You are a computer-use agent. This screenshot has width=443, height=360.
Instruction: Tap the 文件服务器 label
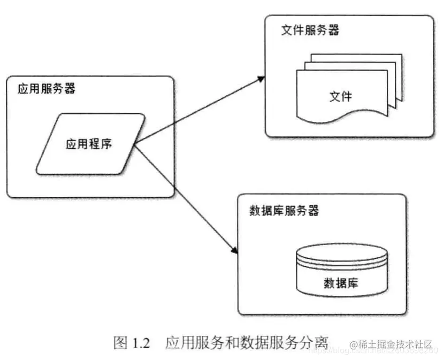pyautogui.click(x=310, y=30)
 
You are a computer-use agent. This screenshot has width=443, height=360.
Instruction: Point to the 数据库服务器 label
pyautogui.click(x=284, y=210)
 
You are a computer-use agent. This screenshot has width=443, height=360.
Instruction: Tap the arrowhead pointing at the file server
pyautogui.click(x=261, y=79)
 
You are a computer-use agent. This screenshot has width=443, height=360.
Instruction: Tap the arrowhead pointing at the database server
pyautogui.click(x=234, y=250)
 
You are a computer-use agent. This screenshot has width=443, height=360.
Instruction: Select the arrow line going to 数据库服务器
pyautogui.click(x=185, y=198)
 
